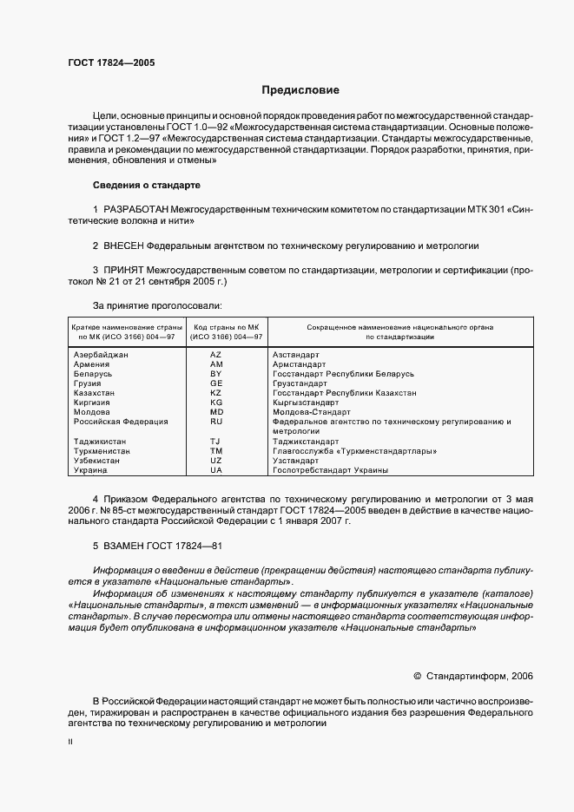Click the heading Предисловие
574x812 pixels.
pos(301,90)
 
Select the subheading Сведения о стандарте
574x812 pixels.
pos(146,186)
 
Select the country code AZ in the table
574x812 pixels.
pos(216,355)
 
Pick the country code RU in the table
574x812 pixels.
pos(216,422)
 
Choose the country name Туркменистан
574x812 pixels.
pos(102,451)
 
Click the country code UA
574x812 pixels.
pos(216,470)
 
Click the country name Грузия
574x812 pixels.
pos(89,383)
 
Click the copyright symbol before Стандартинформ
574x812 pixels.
pos(418,675)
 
